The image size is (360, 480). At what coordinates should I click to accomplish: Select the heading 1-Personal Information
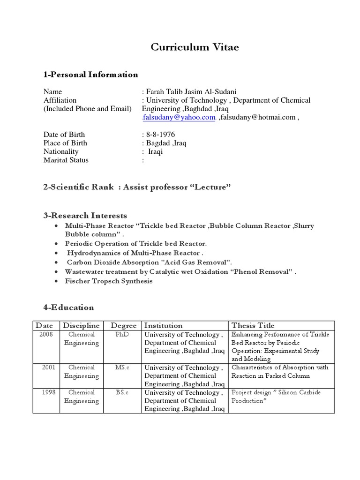90,75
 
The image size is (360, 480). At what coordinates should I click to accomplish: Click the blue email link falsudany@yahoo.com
179,118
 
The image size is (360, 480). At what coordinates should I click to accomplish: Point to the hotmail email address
257,118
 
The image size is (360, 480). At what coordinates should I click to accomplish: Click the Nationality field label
61,151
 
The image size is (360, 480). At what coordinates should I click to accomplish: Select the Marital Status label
66,160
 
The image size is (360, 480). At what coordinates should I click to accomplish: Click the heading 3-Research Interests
85,216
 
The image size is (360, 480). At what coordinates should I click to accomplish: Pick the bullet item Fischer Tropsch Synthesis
109,281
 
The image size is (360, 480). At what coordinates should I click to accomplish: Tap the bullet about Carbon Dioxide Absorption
149,262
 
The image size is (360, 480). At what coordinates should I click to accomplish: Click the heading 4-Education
68,307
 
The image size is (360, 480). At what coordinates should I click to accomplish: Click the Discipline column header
82,325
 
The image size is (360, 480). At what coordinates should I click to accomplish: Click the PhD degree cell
121,335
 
